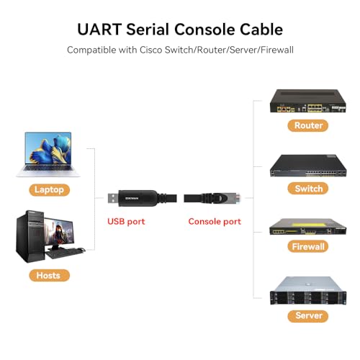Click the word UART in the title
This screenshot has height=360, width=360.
[99, 30]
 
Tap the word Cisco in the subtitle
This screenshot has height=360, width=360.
[151, 50]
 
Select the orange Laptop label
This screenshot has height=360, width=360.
[49, 190]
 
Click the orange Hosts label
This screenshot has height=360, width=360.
[49, 275]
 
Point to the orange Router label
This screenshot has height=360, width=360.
[308, 125]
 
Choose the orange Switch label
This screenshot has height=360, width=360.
[308, 189]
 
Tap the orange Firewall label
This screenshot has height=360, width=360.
[308, 246]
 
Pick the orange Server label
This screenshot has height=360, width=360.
[308, 316]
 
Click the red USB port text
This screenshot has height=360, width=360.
[126, 222]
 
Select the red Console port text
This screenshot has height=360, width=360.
[215, 222]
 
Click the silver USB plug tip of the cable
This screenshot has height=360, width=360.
[113, 199]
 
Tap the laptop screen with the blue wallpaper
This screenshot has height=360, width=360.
[48, 148]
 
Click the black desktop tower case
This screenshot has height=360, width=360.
[30, 236]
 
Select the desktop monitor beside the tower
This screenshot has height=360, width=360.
[60, 232]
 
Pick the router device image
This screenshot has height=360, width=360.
[308, 101]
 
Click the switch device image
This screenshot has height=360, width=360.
[308, 166]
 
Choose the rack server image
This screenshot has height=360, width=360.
[308, 291]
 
